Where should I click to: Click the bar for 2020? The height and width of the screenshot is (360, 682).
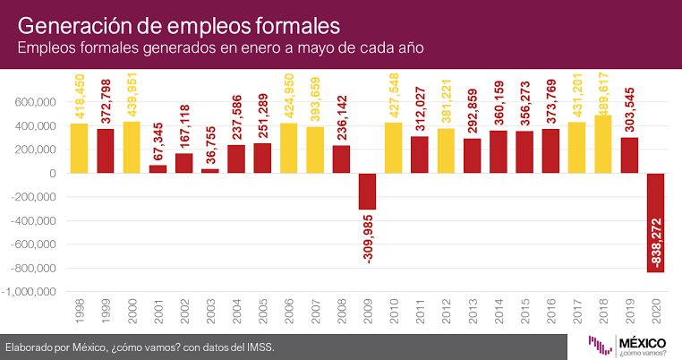coord(655,223)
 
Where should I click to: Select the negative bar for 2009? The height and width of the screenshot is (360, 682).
coord(368,192)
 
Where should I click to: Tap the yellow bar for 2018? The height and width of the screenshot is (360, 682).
coord(603,144)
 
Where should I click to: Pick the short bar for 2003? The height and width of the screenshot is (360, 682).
coord(210,171)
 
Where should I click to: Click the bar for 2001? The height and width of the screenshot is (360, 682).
coord(158,169)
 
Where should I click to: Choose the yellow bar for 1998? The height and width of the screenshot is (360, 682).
coord(79,149)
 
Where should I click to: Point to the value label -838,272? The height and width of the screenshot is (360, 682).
coord(656,243)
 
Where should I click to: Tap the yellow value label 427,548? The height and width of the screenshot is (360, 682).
coord(394,95)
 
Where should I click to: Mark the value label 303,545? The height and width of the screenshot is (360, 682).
coord(630,109)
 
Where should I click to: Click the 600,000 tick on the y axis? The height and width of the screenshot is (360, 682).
coord(36,102)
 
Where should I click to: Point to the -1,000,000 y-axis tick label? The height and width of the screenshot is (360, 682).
coord(30,292)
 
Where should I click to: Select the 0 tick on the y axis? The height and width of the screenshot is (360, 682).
coord(53,173)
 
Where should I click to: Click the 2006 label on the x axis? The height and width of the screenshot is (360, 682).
coord(289,312)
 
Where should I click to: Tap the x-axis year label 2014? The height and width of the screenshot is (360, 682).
coord(499,312)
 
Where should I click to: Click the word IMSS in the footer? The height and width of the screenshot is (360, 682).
coord(260,347)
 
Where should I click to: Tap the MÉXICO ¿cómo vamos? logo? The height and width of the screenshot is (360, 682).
coord(627,346)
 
